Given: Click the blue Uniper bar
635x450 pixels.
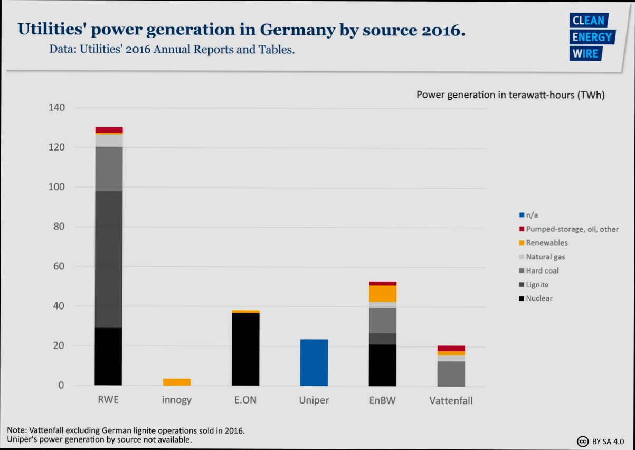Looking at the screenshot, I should coord(314,362).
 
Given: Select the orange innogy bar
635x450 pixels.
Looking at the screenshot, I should coord(177,382).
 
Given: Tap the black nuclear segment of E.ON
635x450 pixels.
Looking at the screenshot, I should coord(245,349).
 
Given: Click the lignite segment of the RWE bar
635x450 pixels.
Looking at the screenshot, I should coord(109,259).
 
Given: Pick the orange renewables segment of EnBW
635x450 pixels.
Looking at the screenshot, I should coord(383,293).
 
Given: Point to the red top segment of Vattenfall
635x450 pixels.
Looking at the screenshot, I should coord(451,349).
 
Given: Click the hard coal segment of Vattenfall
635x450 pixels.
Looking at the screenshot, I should coord(451,373).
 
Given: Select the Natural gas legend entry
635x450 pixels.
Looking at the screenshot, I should coord(545,257).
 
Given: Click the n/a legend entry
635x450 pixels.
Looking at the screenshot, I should coord(532,215).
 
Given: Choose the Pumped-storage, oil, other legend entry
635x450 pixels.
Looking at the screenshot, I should coord(572,229).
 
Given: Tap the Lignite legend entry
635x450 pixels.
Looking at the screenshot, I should coord(537,284).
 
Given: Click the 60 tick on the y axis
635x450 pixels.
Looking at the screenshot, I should coord(59,266).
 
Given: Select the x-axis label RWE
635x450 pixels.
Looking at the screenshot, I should coord(108,400).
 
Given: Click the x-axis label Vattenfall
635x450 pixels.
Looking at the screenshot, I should coord(451,400).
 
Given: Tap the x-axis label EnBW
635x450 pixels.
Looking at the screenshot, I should coord(383,400).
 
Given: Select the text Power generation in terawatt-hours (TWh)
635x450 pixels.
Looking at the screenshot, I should coord(510,95).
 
